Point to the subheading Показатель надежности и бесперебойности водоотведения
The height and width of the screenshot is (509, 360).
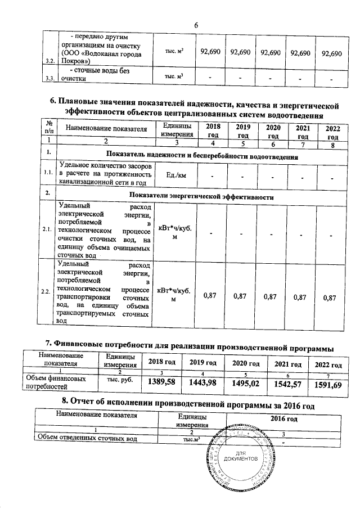coord(201,154)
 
